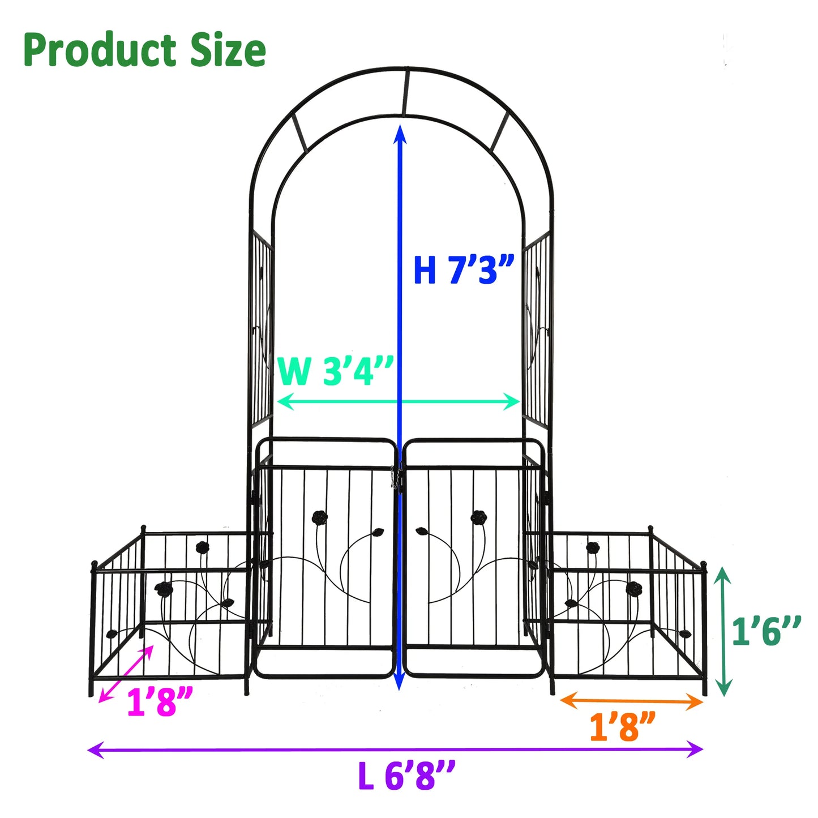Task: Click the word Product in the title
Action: click(100, 50)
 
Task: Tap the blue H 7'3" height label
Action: click(464, 270)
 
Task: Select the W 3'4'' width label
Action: click(335, 370)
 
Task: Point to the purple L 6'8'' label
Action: click(406, 775)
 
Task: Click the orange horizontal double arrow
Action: click(631, 701)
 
